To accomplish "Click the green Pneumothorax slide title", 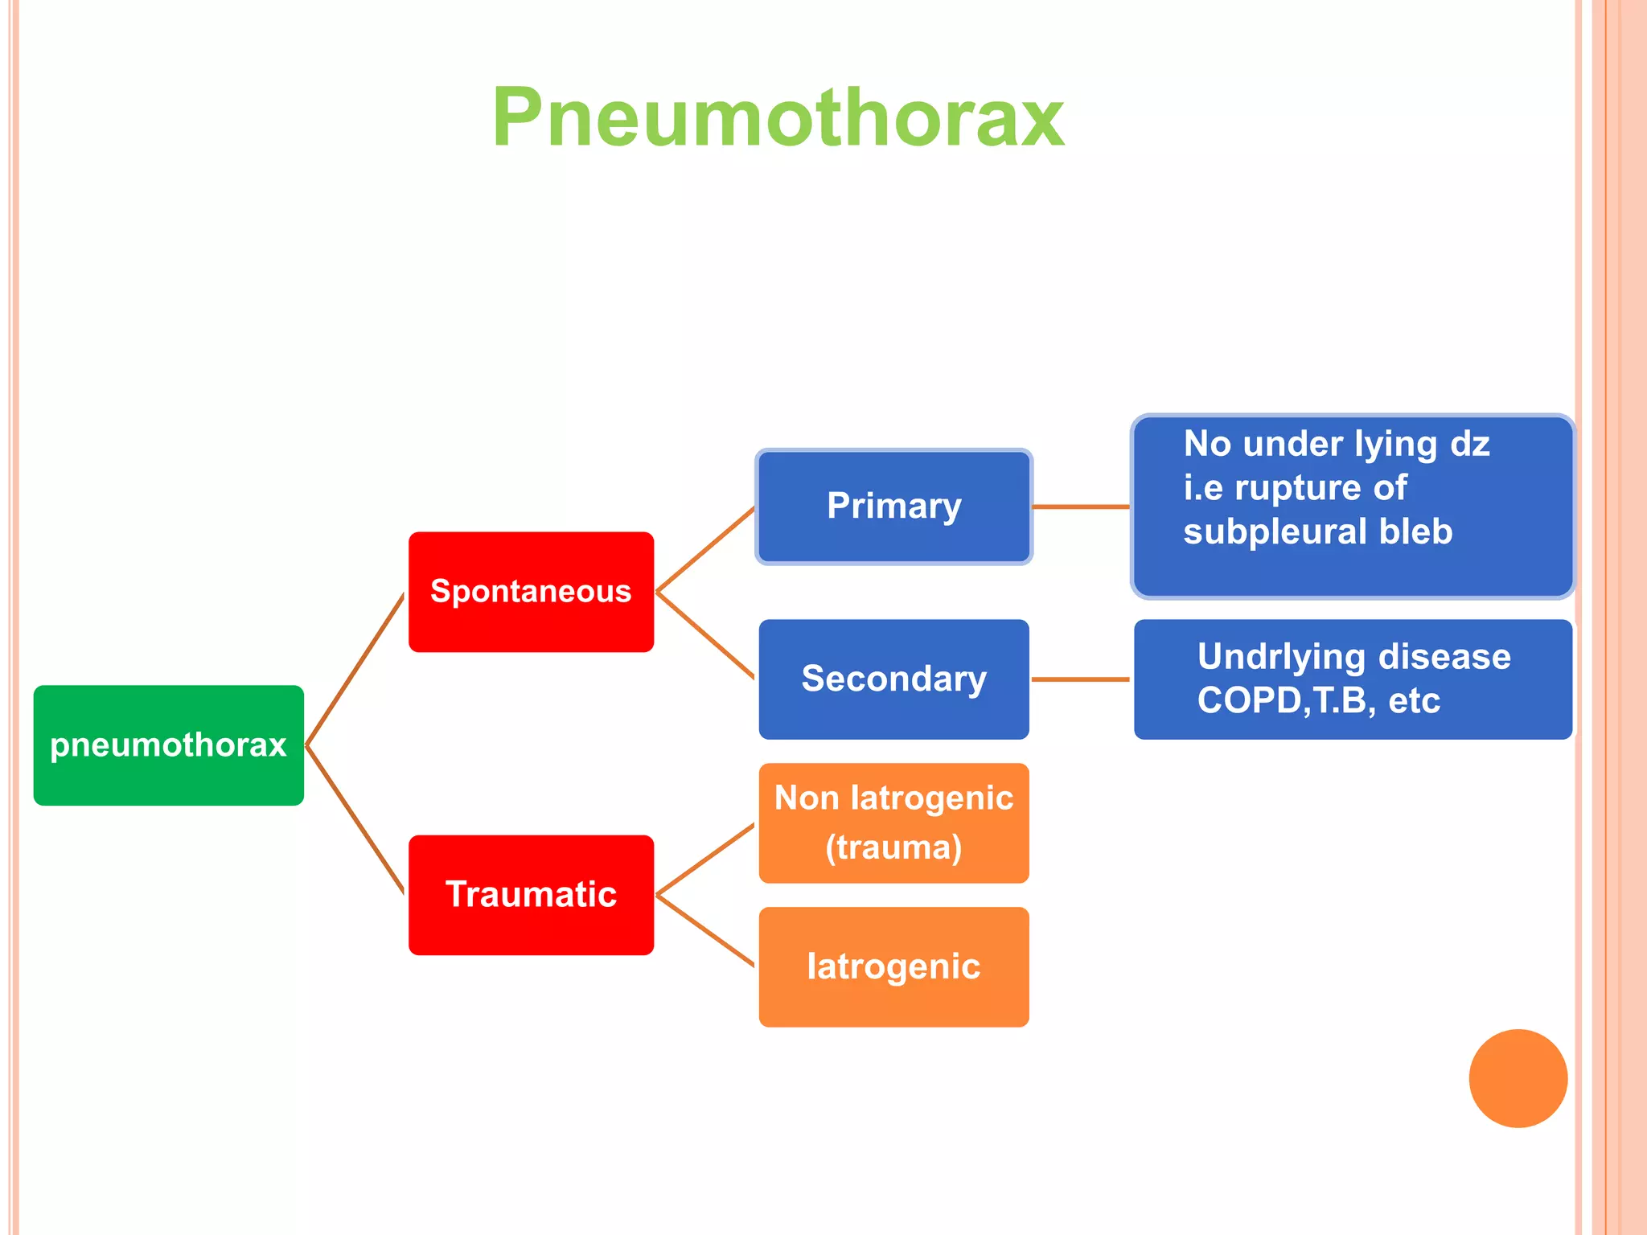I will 778,118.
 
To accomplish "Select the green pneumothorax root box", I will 168,745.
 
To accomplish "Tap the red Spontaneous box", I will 531,592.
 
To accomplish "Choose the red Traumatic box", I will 531,895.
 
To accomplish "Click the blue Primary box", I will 893,507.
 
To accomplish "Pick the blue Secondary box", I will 893,679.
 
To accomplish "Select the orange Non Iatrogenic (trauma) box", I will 893,823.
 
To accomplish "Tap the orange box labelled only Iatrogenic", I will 893,966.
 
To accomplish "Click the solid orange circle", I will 1518,1078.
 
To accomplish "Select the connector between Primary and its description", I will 1081,507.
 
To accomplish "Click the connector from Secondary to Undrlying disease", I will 1081,679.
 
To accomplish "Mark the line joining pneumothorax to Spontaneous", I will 355,670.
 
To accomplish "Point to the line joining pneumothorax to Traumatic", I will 355,819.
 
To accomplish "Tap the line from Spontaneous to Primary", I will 705,550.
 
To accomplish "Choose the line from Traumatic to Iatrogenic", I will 705,930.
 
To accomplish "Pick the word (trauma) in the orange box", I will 893,847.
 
